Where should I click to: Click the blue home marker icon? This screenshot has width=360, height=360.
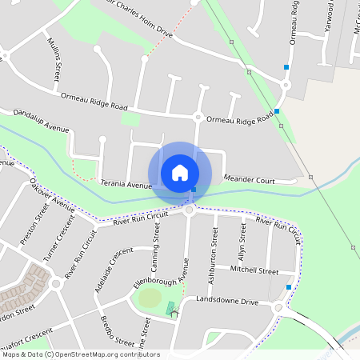point(180,173)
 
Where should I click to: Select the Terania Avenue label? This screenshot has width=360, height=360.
point(126,185)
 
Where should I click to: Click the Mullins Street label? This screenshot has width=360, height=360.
point(54,59)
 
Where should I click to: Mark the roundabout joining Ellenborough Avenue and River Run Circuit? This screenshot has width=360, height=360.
point(190,210)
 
